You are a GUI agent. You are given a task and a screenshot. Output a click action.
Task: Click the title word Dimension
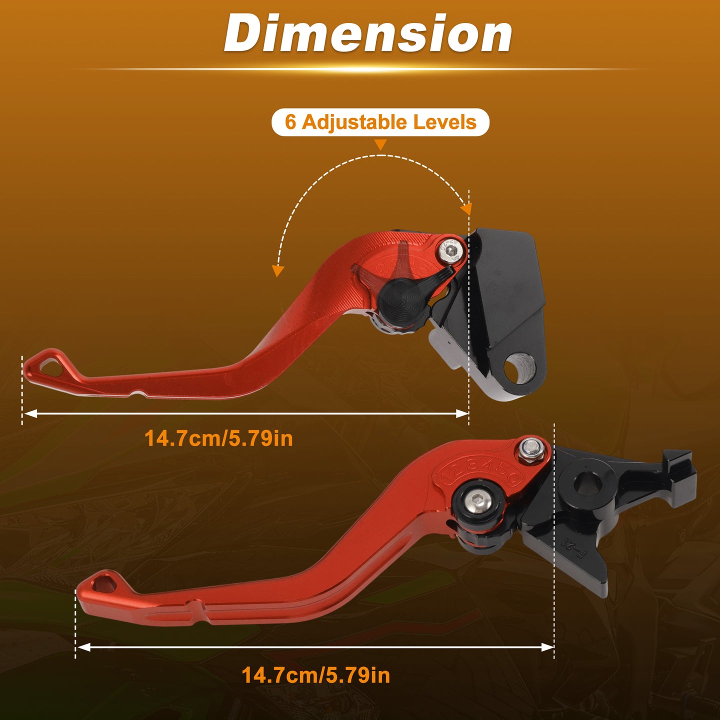(x=367, y=33)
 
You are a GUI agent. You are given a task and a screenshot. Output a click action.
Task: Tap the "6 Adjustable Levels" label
(x=380, y=122)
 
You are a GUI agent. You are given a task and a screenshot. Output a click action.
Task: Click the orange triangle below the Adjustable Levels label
(x=380, y=144)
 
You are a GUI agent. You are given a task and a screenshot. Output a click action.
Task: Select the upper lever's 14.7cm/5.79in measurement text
(x=218, y=438)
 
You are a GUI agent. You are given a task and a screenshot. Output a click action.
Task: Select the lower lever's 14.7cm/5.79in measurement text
(x=315, y=675)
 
